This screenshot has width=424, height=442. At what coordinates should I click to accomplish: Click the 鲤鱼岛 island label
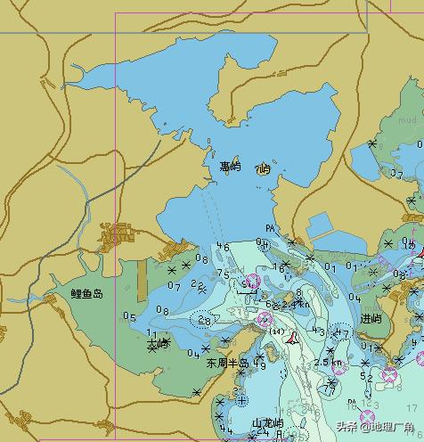[x=87, y=293]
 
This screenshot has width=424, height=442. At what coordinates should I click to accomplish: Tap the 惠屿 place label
[x=230, y=166]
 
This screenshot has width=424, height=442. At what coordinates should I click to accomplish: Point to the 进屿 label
[x=371, y=318]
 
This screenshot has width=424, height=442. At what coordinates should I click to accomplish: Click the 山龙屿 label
[x=267, y=422]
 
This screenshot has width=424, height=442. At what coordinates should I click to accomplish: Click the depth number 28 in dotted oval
[x=206, y=320]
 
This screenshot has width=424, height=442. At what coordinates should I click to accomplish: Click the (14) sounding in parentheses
[x=276, y=331]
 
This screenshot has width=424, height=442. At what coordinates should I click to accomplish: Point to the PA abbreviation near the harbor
[x=269, y=231]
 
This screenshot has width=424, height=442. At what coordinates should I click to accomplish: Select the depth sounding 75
[x=224, y=274]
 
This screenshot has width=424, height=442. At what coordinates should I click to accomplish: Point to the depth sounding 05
[x=130, y=317]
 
